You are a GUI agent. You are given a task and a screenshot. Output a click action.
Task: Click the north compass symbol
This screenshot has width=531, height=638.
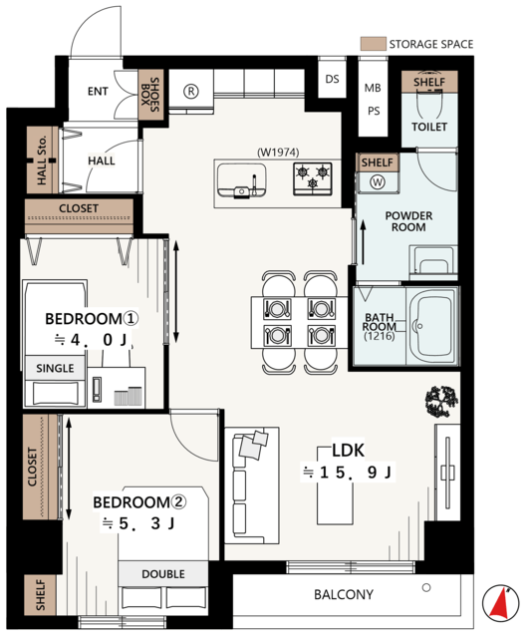500,603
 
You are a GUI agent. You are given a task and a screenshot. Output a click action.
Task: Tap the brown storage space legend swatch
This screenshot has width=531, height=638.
373,44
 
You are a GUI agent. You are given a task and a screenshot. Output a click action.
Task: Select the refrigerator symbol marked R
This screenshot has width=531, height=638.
190,91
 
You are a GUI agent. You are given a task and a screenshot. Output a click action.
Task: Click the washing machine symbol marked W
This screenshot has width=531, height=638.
378,181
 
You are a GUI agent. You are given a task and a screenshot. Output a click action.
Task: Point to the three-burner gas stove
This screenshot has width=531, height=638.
313,179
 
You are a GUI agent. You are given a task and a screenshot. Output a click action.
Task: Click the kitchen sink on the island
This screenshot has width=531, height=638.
241,181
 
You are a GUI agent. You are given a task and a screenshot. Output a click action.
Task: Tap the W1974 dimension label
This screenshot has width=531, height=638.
278,153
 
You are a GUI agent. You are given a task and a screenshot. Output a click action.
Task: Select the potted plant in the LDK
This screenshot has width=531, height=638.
441,402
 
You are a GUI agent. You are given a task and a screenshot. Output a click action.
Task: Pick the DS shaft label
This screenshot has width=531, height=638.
332,79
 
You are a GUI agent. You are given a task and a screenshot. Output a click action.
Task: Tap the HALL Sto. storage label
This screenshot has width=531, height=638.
42,159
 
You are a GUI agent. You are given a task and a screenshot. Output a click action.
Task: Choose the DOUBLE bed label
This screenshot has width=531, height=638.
163,574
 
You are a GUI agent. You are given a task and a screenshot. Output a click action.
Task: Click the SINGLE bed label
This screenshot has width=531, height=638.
55,368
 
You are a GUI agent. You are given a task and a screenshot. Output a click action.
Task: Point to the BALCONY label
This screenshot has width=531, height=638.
344,594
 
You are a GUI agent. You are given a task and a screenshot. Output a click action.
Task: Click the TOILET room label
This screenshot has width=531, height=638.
429,127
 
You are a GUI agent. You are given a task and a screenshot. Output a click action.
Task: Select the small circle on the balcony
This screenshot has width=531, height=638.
426,587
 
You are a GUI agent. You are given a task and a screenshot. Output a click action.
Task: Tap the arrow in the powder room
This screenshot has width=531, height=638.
363,242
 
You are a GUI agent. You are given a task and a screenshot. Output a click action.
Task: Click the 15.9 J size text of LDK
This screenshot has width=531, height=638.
348,472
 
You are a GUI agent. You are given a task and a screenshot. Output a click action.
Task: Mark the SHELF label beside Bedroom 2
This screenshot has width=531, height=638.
40,595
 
